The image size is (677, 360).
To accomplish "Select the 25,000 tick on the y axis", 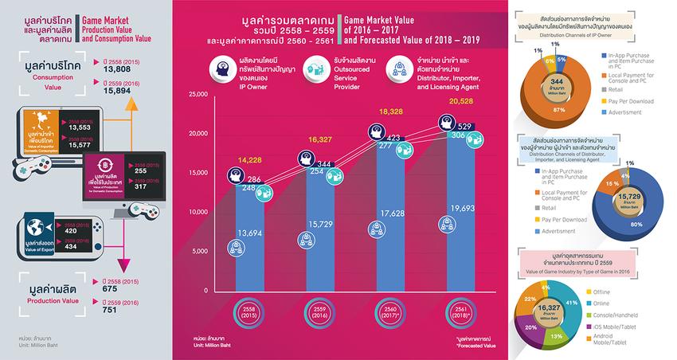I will pyautogui.click(x=195, y=95).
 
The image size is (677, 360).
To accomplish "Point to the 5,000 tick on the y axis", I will pyautogui.click(x=198, y=251).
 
